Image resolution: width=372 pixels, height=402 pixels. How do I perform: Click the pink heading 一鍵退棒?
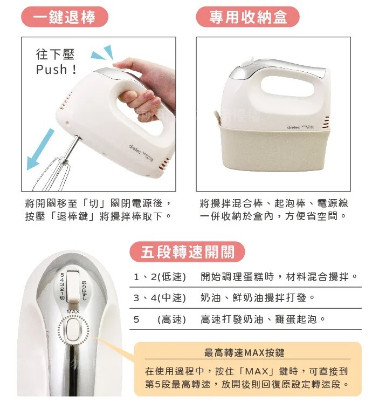(x=64, y=16)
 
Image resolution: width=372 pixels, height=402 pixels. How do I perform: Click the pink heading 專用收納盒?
(x=248, y=16)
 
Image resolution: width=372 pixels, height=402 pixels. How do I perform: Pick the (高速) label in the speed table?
(x=171, y=319)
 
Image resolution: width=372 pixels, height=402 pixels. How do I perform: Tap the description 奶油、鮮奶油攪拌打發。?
(x=257, y=298)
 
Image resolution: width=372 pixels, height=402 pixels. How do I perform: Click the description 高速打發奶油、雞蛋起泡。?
(x=263, y=319)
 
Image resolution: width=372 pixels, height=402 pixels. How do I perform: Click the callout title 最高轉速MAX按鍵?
(x=244, y=353)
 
